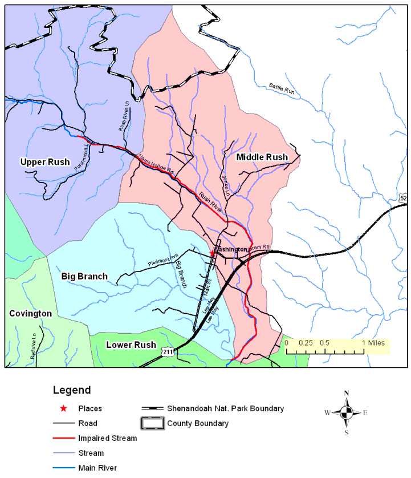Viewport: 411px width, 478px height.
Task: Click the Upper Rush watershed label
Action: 44,162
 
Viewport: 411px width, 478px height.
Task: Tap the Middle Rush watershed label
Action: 262,157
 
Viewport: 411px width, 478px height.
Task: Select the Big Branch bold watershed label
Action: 84,276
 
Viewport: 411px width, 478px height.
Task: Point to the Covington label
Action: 30,313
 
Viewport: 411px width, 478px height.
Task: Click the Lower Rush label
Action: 131,345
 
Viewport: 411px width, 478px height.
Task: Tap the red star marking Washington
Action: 212,252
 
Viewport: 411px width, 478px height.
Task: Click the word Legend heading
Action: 71,391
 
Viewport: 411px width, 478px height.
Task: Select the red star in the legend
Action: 63,408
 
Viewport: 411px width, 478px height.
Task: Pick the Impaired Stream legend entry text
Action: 108,438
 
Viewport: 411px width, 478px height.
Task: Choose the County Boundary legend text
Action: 198,423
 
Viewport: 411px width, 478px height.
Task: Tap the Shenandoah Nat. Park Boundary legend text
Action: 225,408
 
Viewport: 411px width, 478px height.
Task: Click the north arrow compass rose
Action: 346,412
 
